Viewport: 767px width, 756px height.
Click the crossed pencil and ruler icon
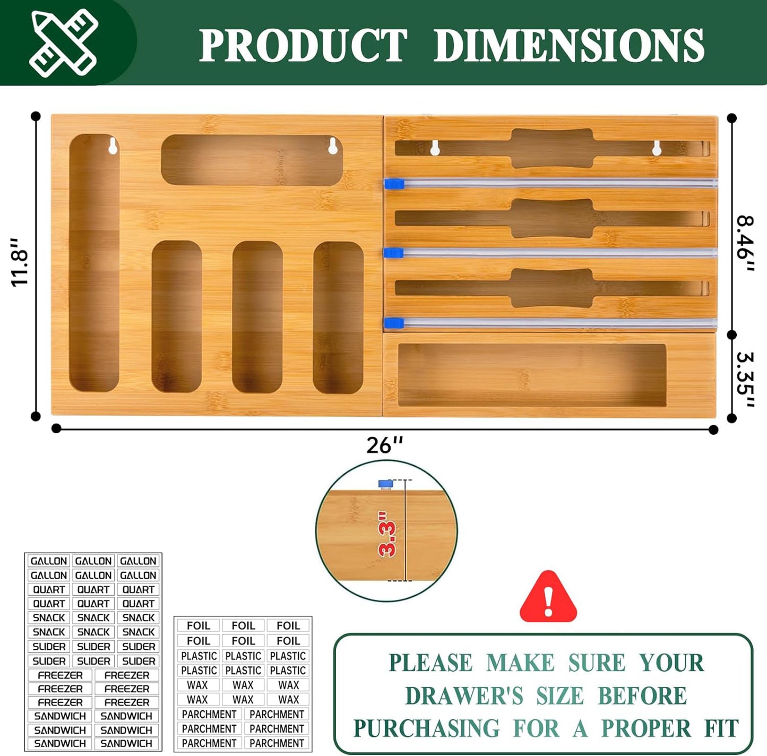pos(63,44)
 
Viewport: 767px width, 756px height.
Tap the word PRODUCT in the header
pos(303,45)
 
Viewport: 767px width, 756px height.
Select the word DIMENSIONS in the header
pos(569,45)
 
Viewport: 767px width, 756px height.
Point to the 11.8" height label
pos(20,262)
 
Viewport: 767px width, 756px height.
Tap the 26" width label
pos(384,445)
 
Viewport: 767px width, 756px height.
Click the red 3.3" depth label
pos(387,534)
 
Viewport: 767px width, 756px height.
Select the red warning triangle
pos(548,596)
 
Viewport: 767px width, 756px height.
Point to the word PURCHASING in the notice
pos(426,728)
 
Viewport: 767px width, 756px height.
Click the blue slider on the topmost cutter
pos(394,184)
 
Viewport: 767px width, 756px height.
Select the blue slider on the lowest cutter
pos(394,322)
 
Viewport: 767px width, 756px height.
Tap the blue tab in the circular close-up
pos(385,484)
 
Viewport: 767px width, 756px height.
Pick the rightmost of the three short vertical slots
pos(338,317)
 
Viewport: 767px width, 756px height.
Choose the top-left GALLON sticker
pos(49,561)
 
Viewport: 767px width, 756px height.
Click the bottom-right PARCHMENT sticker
pos(277,743)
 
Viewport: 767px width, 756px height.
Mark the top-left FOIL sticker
pos(198,625)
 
